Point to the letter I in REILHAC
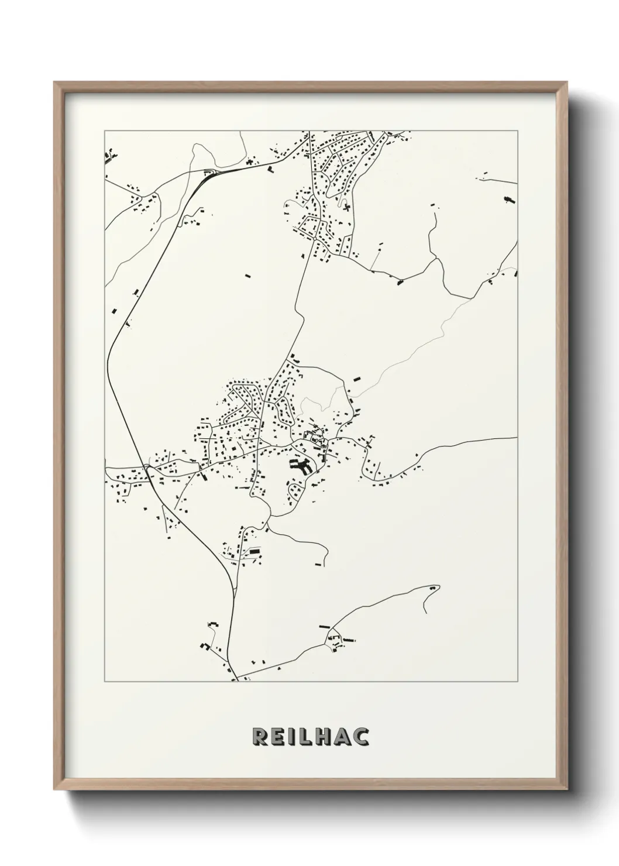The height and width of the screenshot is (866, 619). coord(293,737)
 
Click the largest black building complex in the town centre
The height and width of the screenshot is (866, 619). coord(300,466)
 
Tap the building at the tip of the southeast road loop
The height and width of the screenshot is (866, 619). coord(433,586)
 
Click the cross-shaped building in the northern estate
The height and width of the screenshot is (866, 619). coord(346,206)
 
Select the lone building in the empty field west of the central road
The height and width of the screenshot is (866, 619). coord(246,273)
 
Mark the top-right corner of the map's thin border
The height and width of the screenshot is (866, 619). coord(517,131)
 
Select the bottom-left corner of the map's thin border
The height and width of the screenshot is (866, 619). coord(105,682)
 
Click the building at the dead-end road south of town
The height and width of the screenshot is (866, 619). coord(318,564)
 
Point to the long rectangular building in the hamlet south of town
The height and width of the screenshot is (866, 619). coord(254,551)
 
